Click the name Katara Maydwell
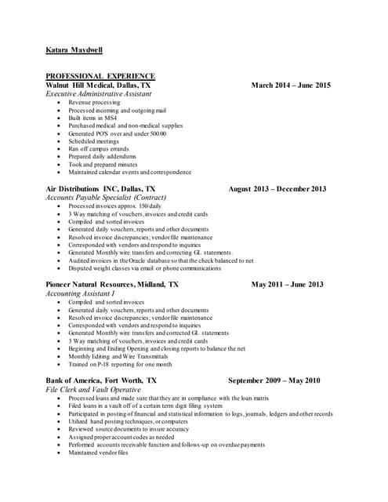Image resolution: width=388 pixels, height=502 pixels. (x=74, y=51)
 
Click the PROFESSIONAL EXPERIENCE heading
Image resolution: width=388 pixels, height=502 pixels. (x=100, y=76)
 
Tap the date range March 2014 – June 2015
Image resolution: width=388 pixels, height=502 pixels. (x=291, y=85)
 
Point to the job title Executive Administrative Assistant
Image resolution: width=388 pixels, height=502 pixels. (x=99, y=94)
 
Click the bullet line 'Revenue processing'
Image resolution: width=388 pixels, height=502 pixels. (x=94, y=103)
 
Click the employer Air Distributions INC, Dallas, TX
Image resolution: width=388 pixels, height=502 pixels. (x=100, y=189)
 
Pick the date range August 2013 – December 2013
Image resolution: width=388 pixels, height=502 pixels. (x=277, y=189)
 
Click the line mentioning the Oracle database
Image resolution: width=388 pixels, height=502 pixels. (x=161, y=260)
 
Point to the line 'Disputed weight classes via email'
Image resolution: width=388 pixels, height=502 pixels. (x=144, y=268)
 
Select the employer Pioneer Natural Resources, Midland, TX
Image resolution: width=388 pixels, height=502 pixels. (x=112, y=284)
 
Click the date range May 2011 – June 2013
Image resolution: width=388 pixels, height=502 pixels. (x=287, y=284)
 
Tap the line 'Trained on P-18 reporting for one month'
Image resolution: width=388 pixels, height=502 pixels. (x=120, y=364)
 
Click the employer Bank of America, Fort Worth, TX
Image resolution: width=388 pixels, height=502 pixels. (x=101, y=380)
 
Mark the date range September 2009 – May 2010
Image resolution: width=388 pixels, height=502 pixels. (x=274, y=380)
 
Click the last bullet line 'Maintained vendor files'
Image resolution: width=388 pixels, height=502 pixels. (x=98, y=453)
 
